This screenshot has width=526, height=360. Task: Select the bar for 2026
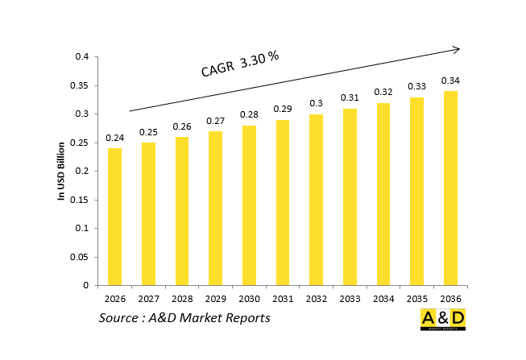pyautogui.click(x=114, y=217)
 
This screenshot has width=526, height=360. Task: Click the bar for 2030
pyautogui.click(x=249, y=205)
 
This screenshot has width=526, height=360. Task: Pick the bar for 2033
pyautogui.click(x=350, y=197)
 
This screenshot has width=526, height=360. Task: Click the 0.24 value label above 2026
pyautogui.click(x=114, y=138)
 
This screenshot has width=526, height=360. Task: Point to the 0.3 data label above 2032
pyautogui.click(x=316, y=104)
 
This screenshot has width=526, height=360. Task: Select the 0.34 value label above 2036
pyautogui.click(x=450, y=81)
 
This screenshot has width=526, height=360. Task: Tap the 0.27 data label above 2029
pyautogui.click(x=215, y=121)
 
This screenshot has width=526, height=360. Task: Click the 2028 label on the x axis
pyautogui.click(x=182, y=299)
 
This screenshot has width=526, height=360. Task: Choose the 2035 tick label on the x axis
pyautogui.click(x=417, y=299)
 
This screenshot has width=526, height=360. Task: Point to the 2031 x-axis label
pyautogui.click(x=283, y=299)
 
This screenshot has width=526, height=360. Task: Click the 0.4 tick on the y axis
pyautogui.click(x=81, y=57)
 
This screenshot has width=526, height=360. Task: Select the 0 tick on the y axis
pyautogui.click(x=85, y=285)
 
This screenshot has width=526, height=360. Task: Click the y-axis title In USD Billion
pyautogui.click(x=60, y=171)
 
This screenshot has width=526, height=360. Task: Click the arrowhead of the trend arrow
pyautogui.click(x=456, y=49)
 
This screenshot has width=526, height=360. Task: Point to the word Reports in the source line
pyautogui.click(x=244, y=318)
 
